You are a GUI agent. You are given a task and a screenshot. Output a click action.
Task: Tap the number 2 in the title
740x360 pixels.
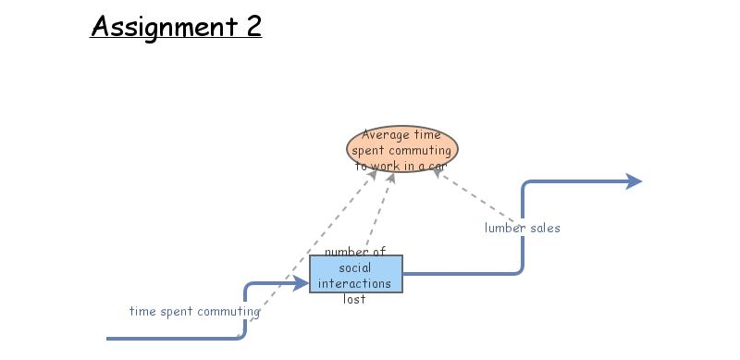coord(253,26)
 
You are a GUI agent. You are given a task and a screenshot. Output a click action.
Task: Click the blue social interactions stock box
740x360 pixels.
coord(356,274)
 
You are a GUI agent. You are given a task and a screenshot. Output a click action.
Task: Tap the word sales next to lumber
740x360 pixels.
coord(545,227)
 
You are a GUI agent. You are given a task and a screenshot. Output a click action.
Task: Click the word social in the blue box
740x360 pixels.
coord(355,267)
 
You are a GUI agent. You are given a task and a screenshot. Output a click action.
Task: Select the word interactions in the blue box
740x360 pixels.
coord(355,283)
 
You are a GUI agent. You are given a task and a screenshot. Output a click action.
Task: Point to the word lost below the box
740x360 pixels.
coord(355,299)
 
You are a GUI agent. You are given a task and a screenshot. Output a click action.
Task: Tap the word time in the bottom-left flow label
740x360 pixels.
coord(142,312)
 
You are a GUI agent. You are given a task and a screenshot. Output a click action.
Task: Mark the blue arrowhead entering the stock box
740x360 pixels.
coord(302,284)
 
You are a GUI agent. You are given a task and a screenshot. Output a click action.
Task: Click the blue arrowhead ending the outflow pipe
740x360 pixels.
coord(634,181)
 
